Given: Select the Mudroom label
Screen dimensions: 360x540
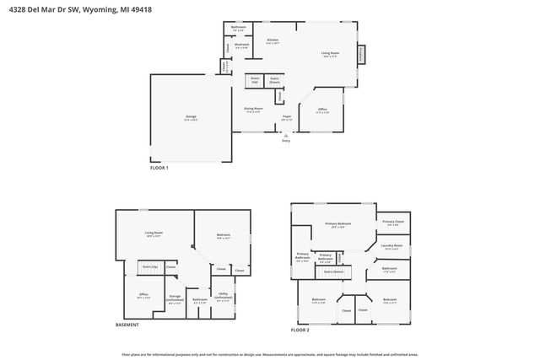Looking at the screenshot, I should pos(242,46).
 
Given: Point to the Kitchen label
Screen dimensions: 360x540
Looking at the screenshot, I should pos(273,40).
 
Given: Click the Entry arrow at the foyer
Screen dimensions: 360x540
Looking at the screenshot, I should pos(286,136).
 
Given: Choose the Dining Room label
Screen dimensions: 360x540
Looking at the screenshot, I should pos(254,110).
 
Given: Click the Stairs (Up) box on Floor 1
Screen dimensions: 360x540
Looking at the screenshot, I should pos(254,81).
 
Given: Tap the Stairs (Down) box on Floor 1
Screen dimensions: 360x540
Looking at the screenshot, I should pos(274,81).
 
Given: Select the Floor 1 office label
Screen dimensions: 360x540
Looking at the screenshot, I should pos(322,110).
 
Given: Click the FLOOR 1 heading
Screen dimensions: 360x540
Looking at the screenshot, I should pos(159,168).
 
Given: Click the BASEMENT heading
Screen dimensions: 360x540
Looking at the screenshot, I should pos(127,325).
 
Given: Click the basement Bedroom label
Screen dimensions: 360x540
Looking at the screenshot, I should pos(223,238).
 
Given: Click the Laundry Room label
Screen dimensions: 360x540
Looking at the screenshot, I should pos(393,247).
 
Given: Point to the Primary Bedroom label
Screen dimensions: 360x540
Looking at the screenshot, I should pos(338,224).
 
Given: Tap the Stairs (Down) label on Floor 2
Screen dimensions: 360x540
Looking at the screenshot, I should pos(332,271).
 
